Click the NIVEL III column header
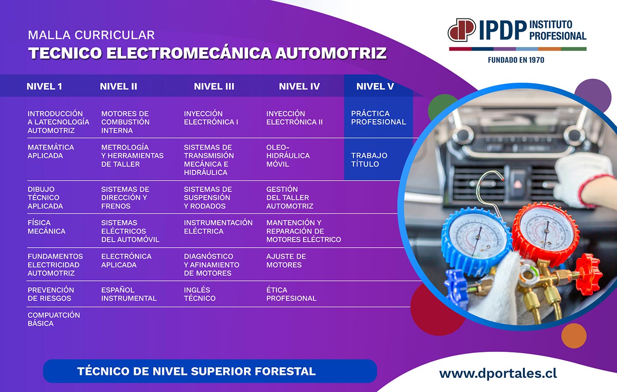click(x=214, y=86)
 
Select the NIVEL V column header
click(x=375, y=86)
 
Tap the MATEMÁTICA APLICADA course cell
click(x=51, y=151)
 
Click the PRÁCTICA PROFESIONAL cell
click(x=379, y=117)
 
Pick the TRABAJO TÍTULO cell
click(x=369, y=160)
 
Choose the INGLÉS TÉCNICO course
click(x=200, y=294)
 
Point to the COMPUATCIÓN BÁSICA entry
click(x=54, y=319)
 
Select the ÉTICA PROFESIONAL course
click(x=291, y=294)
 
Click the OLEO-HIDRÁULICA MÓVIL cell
click(x=288, y=156)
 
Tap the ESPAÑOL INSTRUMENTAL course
click(x=129, y=294)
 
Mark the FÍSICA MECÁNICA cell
click(x=46, y=227)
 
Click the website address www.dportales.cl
click(x=498, y=374)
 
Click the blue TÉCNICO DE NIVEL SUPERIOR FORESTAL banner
click(x=210, y=371)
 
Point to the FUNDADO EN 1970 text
click(x=516, y=60)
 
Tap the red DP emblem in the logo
click(x=462, y=29)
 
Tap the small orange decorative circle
click(x=574, y=336)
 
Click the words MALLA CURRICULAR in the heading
click(x=91, y=35)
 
